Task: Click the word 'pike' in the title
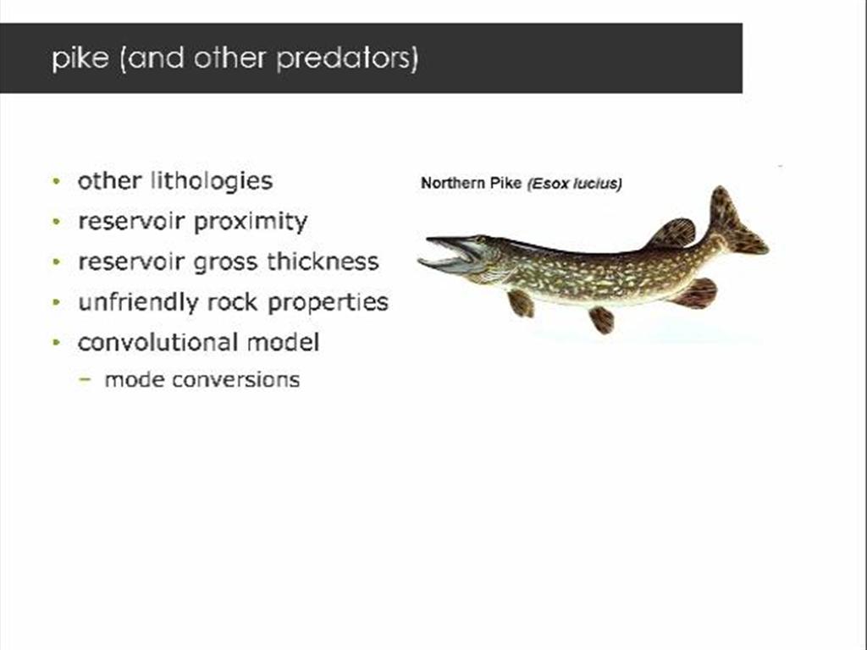click(x=78, y=59)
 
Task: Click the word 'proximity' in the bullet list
click(x=251, y=222)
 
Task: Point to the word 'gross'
click(x=225, y=262)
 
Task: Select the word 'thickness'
click(x=323, y=262)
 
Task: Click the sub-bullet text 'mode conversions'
click(x=202, y=379)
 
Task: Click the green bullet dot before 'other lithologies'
click(x=56, y=182)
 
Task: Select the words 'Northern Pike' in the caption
click(x=471, y=184)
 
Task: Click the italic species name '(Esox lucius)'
click(x=574, y=184)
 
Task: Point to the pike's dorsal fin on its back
click(x=674, y=232)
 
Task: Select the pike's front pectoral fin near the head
click(x=521, y=302)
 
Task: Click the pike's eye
click(x=480, y=243)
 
